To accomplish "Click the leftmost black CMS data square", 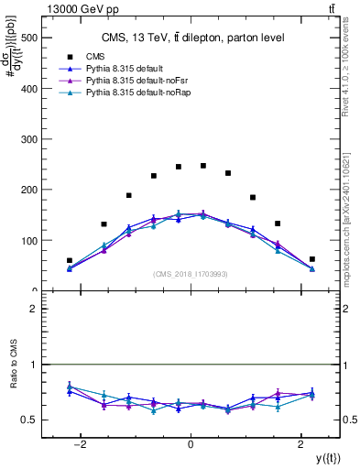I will (70, 260).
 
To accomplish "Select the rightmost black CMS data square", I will (311, 259).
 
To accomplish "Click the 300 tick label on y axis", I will (27, 139).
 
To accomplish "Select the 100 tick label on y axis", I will (27, 240).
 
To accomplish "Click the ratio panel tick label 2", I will (33, 309).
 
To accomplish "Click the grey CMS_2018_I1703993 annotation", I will (190, 273).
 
